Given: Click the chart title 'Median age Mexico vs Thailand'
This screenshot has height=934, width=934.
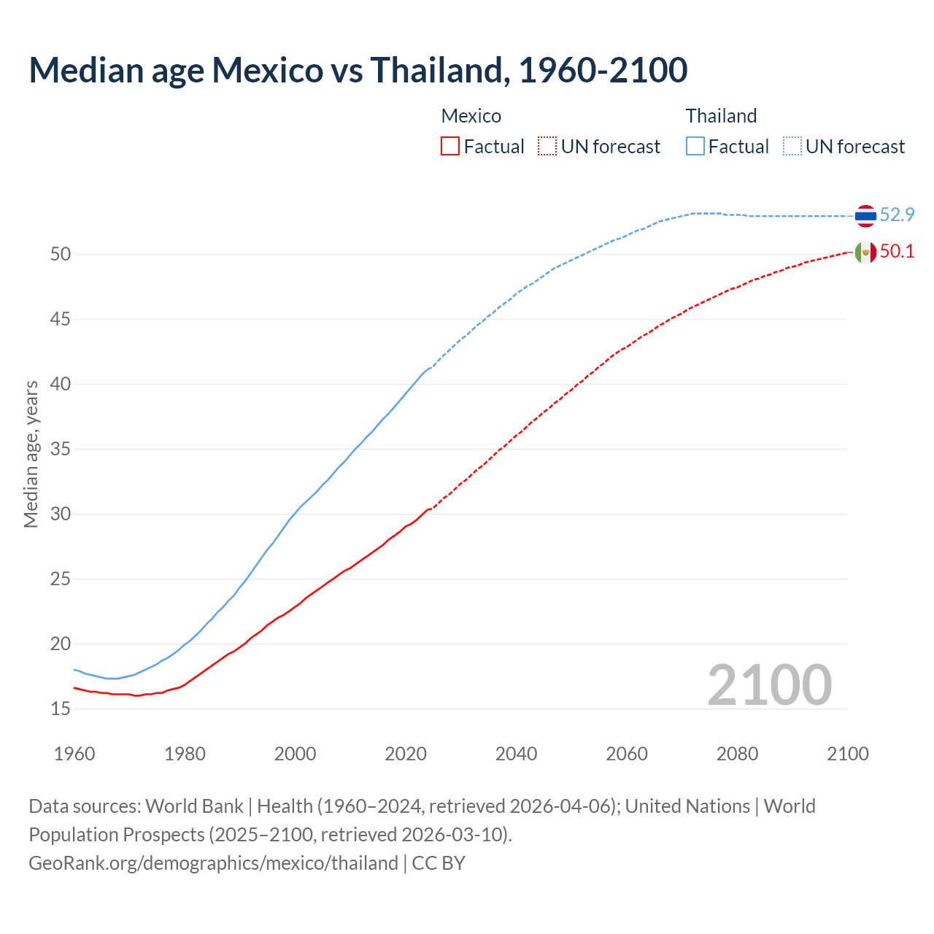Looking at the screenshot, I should (x=358, y=70).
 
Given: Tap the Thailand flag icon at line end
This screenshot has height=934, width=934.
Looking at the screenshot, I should (x=865, y=216).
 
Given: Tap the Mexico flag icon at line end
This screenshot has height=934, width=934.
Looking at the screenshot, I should (x=865, y=252).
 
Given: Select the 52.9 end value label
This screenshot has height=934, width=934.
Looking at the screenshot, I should (x=897, y=215).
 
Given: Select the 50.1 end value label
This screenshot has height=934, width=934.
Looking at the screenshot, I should (x=897, y=252).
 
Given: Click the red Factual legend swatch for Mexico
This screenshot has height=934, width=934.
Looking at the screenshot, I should (x=450, y=147).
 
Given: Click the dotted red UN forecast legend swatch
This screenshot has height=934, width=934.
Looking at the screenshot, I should (x=547, y=147).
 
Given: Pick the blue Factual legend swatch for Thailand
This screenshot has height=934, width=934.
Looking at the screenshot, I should (x=695, y=147).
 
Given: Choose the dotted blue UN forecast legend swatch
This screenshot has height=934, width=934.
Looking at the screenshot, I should (x=792, y=147).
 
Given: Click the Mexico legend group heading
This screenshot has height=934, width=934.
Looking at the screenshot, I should (x=471, y=116).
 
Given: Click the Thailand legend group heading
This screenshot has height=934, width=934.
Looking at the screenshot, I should (x=721, y=116).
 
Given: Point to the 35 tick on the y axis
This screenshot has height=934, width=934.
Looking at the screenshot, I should (x=61, y=449).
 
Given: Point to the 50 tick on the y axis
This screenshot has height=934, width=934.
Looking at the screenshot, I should (x=61, y=255).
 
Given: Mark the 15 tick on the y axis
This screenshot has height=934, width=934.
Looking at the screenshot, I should (x=61, y=709).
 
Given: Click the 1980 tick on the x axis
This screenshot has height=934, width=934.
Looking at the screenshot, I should (x=185, y=754).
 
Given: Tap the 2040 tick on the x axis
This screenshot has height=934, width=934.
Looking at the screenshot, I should (x=516, y=754).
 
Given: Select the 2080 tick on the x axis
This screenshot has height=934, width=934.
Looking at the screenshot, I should (x=737, y=754).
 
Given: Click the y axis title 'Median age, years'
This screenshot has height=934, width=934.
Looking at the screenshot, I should (x=31, y=454).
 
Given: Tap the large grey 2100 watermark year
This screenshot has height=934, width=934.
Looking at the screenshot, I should (x=769, y=684).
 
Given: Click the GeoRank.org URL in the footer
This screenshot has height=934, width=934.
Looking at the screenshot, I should (x=213, y=863).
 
